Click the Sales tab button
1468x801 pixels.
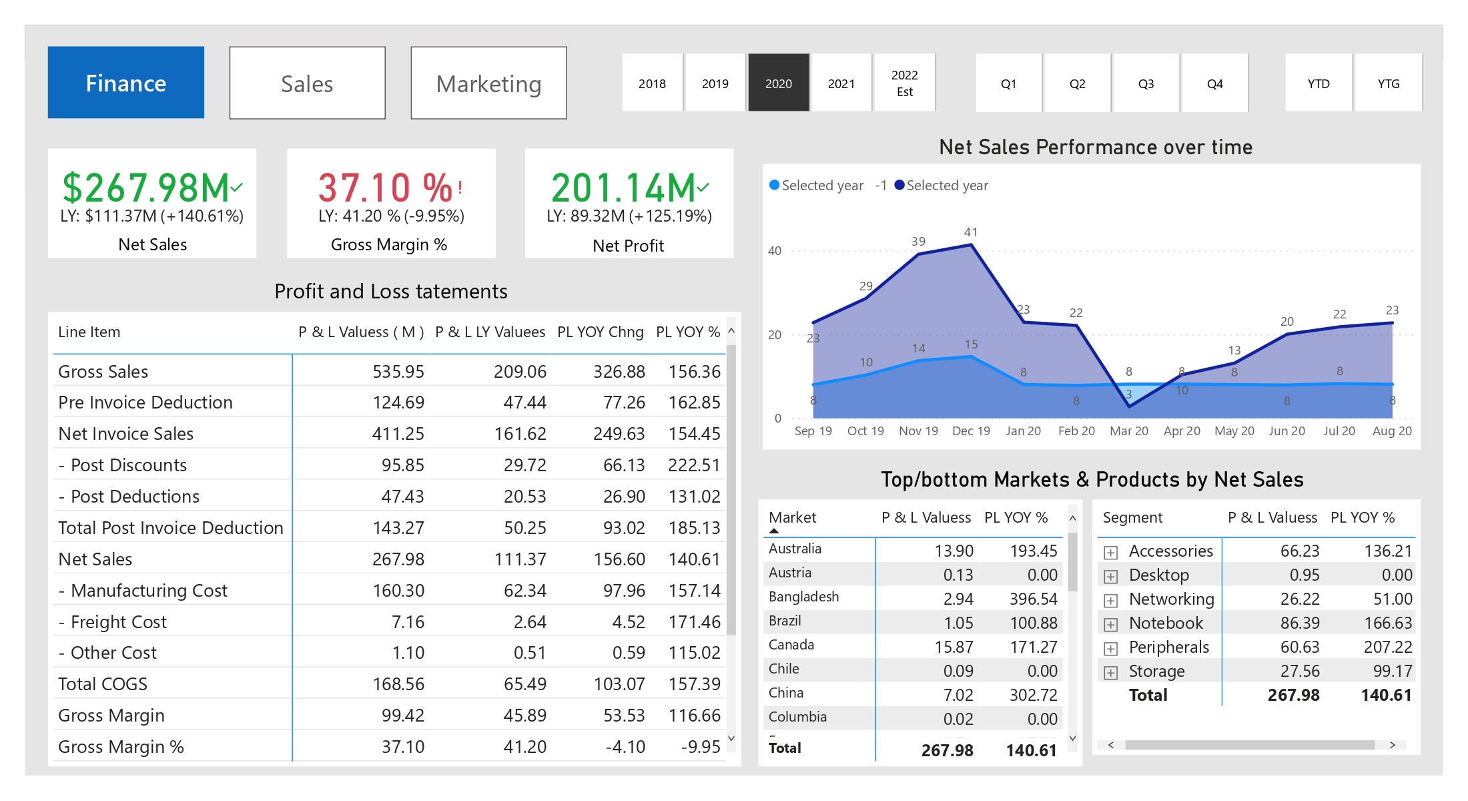(307, 83)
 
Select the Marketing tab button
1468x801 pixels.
(488, 83)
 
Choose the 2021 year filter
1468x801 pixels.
(841, 83)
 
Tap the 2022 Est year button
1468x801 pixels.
(904, 83)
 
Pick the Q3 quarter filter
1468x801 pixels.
(1146, 83)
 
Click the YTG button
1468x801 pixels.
(1388, 83)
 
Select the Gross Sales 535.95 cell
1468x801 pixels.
(398, 371)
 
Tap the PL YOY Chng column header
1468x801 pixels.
(600, 332)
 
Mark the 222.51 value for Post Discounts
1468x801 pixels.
(694, 465)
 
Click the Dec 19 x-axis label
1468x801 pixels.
(971, 431)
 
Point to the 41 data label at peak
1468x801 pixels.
(971, 232)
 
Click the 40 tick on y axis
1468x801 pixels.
(774, 251)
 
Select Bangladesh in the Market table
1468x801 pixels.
(803, 596)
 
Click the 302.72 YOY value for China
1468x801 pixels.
(1033, 695)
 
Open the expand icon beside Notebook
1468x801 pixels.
(1110, 624)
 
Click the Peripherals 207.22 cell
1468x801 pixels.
(1387, 647)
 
